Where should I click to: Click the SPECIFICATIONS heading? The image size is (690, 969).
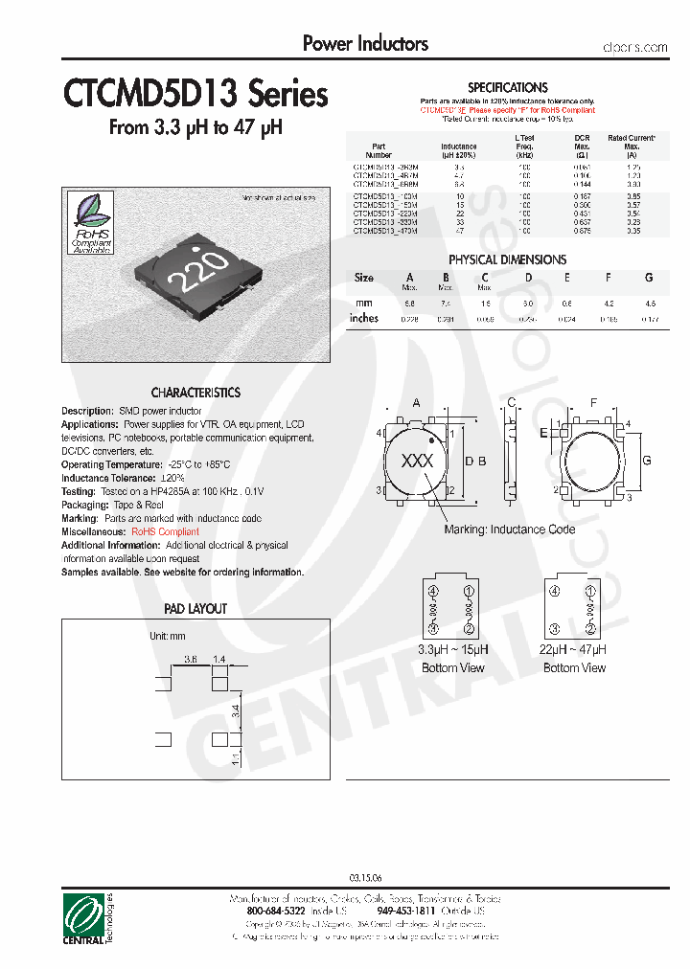(507, 87)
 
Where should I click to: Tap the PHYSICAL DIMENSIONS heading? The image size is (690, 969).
(507, 259)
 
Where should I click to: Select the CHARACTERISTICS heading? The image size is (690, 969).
(195, 393)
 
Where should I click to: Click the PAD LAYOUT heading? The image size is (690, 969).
(195, 609)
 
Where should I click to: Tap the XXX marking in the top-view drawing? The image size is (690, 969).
(417, 461)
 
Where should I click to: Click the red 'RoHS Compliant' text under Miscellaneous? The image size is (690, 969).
(166, 531)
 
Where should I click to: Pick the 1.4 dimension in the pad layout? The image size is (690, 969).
(219, 660)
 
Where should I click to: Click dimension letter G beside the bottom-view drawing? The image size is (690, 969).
(647, 461)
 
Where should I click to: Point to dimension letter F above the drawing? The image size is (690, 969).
(593, 403)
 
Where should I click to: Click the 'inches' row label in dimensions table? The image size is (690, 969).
(364, 318)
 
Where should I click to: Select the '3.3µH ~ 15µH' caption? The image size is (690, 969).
(452, 649)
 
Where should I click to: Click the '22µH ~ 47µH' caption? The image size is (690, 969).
(574, 649)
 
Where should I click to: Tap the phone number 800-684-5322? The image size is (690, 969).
(278, 912)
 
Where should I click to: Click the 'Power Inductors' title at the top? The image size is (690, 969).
(365, 44)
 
